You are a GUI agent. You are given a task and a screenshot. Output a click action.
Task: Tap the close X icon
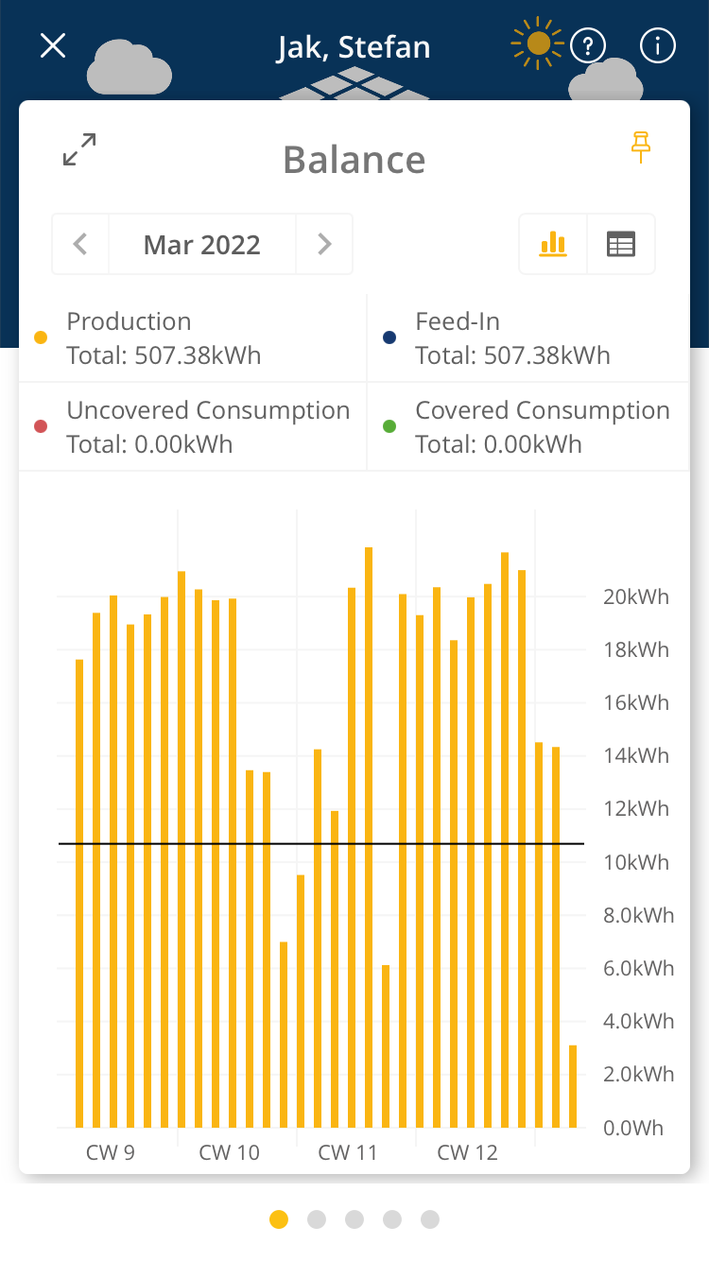53,45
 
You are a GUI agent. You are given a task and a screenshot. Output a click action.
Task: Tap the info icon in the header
658,45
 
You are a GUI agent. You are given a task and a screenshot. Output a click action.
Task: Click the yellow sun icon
538,43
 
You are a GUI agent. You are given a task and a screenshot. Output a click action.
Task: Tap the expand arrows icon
79,150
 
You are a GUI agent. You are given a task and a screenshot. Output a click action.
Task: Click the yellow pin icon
642,147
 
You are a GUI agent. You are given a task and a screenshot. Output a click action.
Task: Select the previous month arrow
80,245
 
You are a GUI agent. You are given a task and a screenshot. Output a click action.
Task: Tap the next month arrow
324,245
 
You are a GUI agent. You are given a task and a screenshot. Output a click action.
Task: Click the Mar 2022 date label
202,245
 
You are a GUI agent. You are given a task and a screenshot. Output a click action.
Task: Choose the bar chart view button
553,245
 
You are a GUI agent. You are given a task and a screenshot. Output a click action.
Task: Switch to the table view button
621,245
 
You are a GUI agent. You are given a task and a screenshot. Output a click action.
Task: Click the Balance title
354,160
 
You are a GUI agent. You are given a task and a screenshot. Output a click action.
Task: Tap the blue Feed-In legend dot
389,338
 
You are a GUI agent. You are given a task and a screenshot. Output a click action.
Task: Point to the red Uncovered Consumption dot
41,427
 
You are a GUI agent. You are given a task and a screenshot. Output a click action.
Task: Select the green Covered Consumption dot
389,427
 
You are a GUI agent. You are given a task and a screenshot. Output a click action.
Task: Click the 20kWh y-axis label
635,597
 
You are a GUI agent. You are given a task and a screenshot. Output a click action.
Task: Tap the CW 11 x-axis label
348,1153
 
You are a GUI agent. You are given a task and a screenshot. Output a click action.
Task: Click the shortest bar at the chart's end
573,1087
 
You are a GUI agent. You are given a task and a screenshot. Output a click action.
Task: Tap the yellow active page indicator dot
279,1219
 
